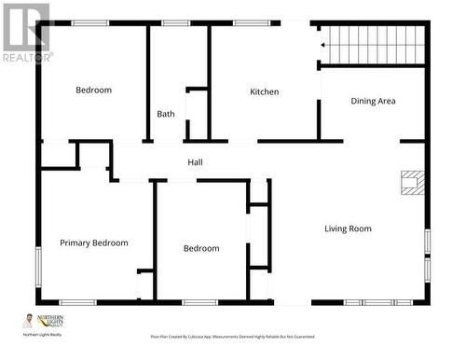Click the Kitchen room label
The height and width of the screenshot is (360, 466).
[x=264, y=91]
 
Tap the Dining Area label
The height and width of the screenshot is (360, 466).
[x=373, y=101]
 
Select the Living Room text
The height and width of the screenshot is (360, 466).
[x=348, y=228]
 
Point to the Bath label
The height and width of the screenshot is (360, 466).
[x=165, y=114]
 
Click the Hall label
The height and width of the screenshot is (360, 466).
[x=196, y=162]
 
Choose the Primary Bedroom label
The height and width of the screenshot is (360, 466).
[x=94, y=242]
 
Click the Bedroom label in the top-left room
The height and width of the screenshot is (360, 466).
[x=93, y=90]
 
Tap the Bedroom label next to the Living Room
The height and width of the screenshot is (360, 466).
[x=201, y=248]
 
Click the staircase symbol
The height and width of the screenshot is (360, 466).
[x=373, y=44]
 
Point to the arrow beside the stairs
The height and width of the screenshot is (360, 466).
[x=323, y=44]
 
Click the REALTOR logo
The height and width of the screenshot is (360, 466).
[x=25, y=33]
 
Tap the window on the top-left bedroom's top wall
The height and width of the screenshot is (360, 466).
[x=90, y=23]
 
